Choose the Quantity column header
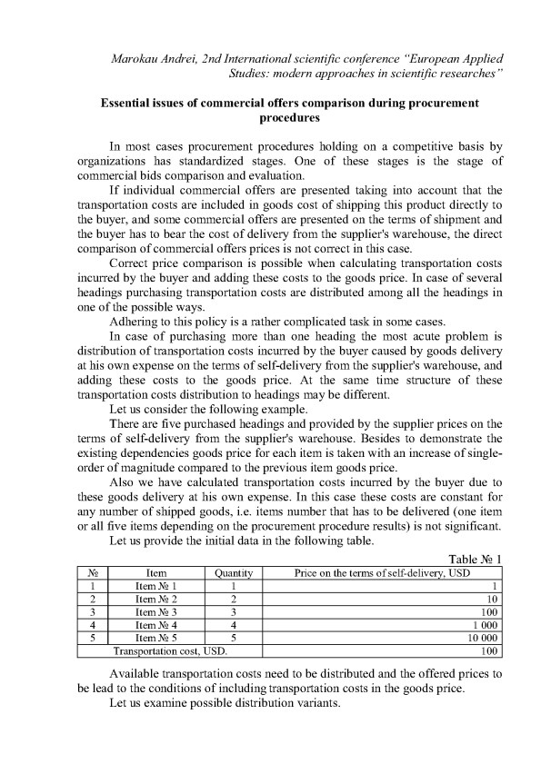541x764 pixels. coord(233,573)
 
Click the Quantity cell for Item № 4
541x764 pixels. coord(233,625)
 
